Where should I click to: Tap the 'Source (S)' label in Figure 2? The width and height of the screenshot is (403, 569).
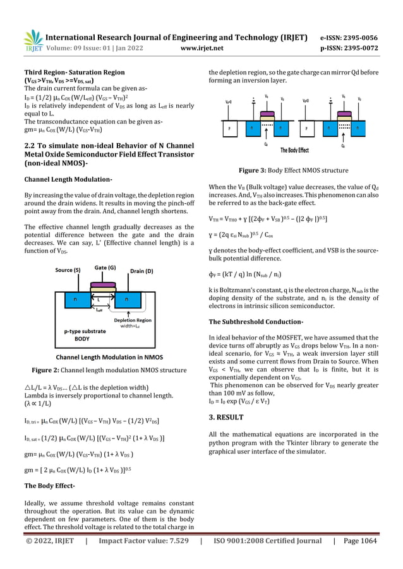pos(68,271)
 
